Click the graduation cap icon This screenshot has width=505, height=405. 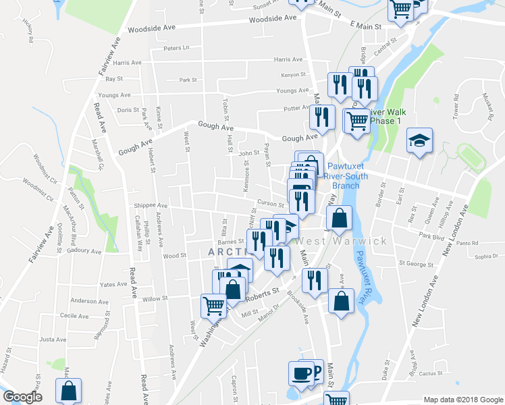419,140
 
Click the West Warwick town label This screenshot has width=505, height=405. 341,241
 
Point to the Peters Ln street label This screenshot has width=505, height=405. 176,48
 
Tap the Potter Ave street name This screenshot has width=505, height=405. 296,108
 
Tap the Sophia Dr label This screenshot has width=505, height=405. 485,256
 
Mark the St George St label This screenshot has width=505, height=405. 414,263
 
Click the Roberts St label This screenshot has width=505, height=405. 265,294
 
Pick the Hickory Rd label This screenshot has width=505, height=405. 29,31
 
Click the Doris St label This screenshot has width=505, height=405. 128,109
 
